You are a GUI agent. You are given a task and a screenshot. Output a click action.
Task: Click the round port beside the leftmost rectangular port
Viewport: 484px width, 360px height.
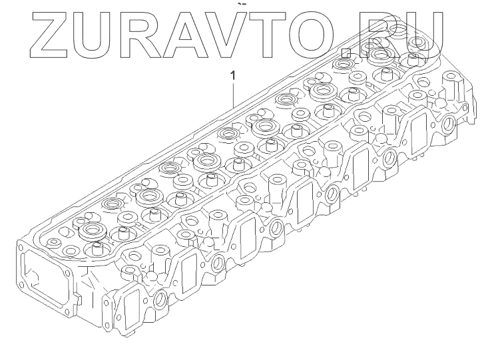tap(159, 303)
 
